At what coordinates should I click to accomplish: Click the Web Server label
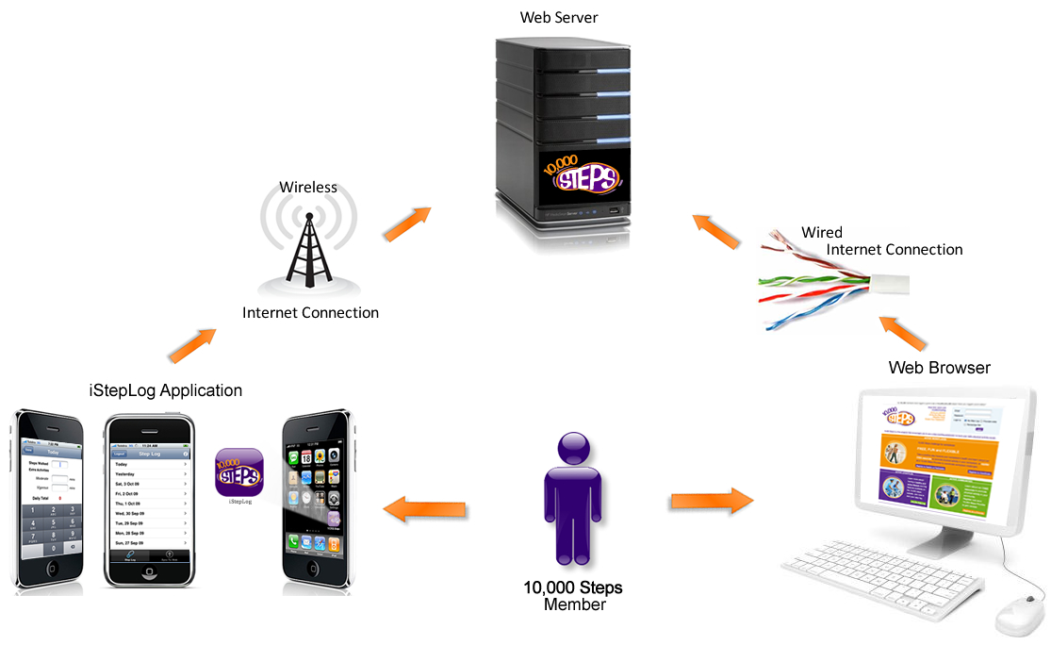pos(558,17)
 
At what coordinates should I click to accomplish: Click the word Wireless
pos(307,187)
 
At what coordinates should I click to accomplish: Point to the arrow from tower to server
pos(406,223)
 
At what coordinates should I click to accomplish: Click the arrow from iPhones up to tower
pos(191,345)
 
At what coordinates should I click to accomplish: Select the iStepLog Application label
pos(166,390)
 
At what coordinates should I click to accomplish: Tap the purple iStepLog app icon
pos(239,472)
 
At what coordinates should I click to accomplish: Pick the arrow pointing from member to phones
pos(424,510)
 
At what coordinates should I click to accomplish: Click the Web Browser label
pos(939,367)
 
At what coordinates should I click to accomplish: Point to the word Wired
pos(822,232)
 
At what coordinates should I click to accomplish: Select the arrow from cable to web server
pos(715,231)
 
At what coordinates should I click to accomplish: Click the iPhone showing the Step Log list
pos(148,500)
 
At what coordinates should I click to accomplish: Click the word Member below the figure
pos(574,604)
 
